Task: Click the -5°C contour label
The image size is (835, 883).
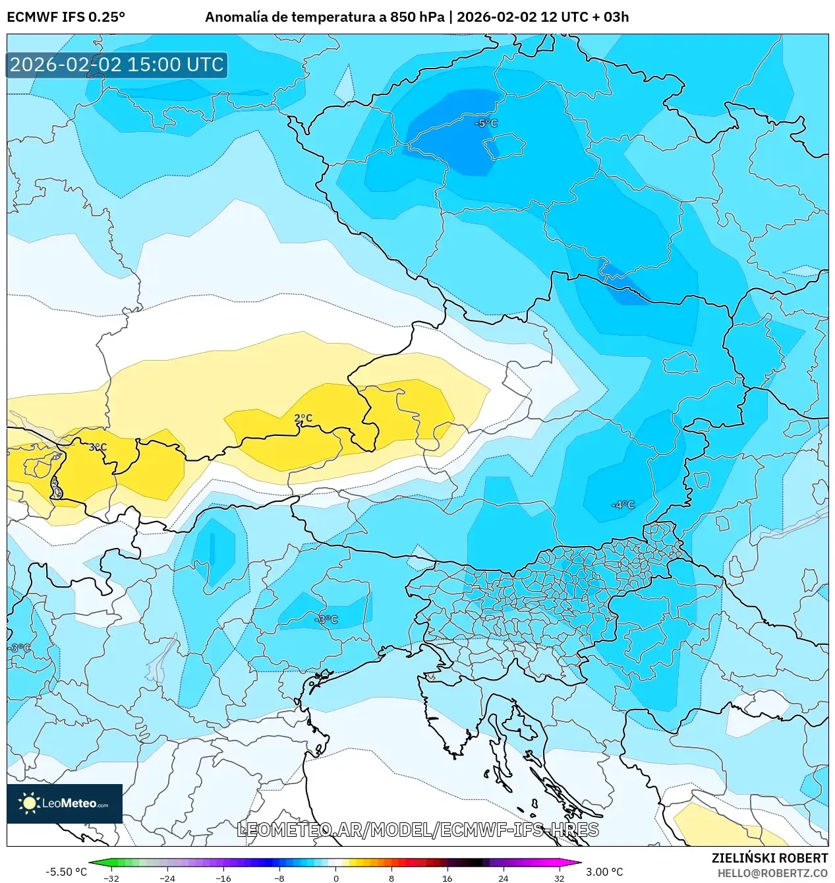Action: (x=486, y=123)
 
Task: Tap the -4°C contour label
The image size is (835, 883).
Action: (x=623, y=505)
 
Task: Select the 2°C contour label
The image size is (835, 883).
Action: (x=303, y=418)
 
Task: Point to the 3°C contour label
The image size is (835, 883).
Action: (x=98, y=447)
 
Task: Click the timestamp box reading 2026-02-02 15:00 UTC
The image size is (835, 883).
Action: (x=117, y=65)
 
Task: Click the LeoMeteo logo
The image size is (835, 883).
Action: (x=65, y=803)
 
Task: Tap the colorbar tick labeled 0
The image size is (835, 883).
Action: (x=335, y=878)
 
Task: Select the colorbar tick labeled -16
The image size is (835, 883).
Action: (x=223, y=878)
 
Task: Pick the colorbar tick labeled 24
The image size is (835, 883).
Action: (x=503, y=878)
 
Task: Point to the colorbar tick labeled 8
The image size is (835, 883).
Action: (x=391, y=878)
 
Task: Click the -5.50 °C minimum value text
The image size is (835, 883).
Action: (x=66, y=872)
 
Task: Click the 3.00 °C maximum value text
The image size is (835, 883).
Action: (x=604, y=872)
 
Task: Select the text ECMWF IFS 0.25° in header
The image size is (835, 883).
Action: (x=66, y=17)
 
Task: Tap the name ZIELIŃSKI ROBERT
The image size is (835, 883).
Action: (x=769, y=858)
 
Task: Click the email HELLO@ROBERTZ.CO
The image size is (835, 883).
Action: (x=772, y=873)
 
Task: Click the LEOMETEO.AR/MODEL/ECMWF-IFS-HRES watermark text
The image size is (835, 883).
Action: (x=418, y=830)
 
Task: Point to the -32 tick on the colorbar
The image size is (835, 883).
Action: (x=111, y=878)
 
